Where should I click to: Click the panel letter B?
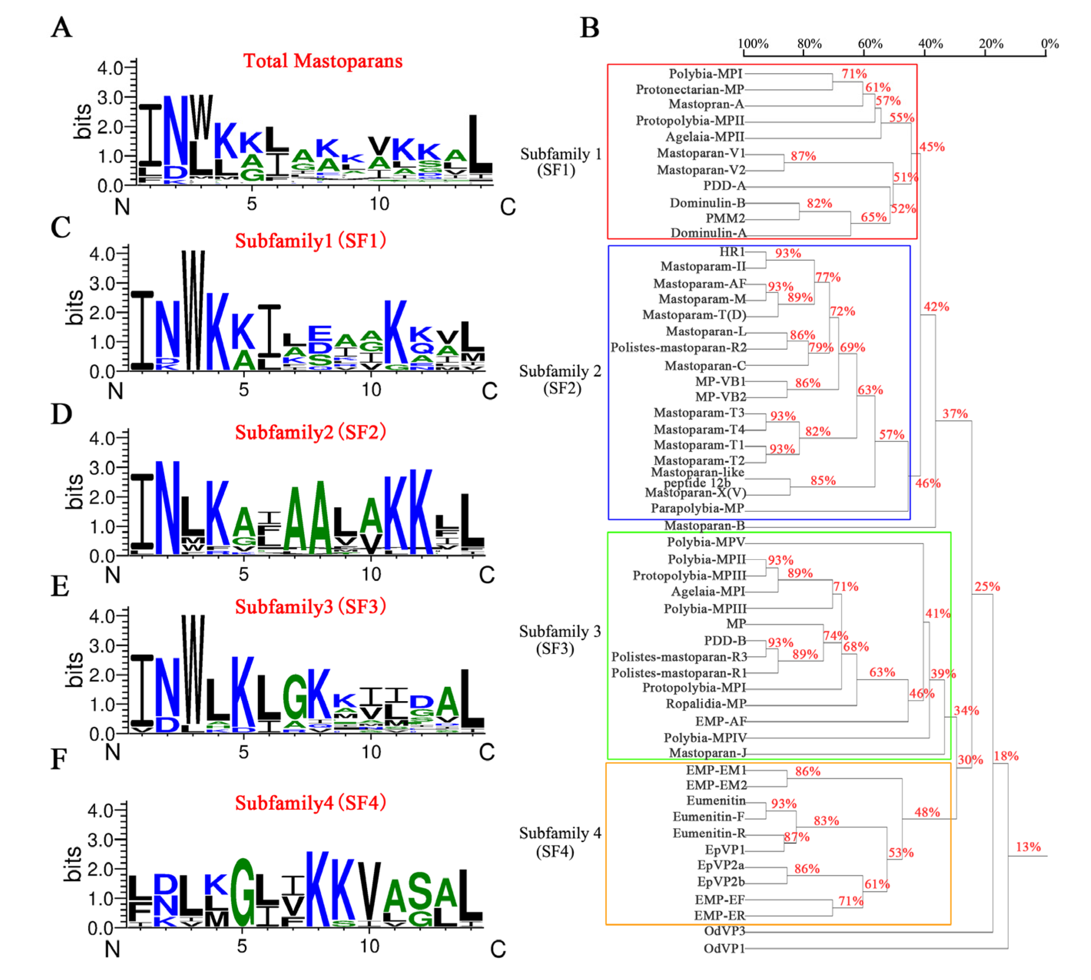click(x=589, y=28)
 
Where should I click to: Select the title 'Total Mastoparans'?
click(x=322, y=61)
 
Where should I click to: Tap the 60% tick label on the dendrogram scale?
click(x=870, y=44)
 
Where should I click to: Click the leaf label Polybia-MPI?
click(x=705, y=73)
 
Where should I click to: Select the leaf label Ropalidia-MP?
click(x=706, y=704)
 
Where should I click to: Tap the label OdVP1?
click(x=724, y=948)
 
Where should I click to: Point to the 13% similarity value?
click(x=1028, y=847)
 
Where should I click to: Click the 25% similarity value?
click(x=987, y=586)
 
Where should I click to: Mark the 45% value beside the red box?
click(x=932, y=146)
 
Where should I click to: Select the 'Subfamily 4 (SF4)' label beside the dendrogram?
click(x=560, y=842)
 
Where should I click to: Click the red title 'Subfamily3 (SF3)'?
click(x=311, y=607)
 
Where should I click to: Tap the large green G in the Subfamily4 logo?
click(x=243, y=891)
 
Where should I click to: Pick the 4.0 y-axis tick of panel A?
click(x=110, y=68)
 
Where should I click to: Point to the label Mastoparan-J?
click(x=707, y=753)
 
